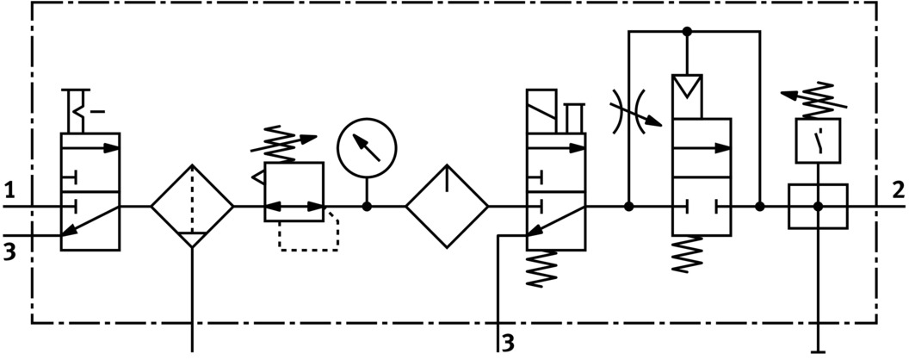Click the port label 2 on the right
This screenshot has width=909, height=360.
[898, 189]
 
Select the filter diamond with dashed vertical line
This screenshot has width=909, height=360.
[192, 207]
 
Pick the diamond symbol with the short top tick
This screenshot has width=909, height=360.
[448, 207]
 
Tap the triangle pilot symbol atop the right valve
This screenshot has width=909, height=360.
[687, 87]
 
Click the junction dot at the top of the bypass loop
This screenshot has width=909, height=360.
[687, 32]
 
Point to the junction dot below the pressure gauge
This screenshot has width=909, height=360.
[368, 207]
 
